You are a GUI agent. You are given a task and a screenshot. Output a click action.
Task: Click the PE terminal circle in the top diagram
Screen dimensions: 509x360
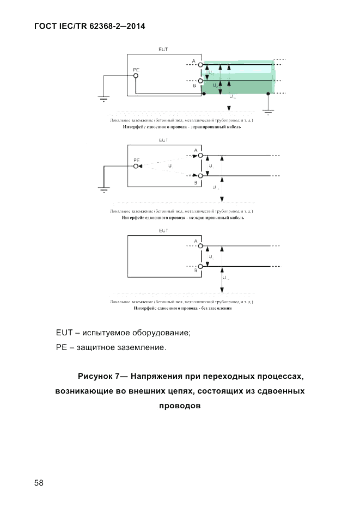point(136,76)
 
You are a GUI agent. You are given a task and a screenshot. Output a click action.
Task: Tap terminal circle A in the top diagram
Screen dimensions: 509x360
point(200,65)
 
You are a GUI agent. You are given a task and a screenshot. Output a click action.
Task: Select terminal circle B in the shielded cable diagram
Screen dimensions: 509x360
point(200,81)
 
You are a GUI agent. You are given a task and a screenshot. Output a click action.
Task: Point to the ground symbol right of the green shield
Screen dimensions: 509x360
point(268,112)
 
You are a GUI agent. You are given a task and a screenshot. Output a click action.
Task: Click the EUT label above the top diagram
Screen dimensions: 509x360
point(163,50)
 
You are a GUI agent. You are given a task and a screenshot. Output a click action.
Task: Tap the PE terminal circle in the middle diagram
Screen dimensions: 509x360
point(136,166)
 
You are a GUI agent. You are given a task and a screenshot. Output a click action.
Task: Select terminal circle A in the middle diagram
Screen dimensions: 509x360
point(200,156)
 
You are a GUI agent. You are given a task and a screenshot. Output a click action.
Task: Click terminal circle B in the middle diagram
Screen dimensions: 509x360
point(200,176)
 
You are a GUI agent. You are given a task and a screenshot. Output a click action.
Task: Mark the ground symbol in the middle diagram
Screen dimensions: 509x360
point(103,189)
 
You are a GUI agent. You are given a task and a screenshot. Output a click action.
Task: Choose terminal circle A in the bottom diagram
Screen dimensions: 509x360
point(200,246)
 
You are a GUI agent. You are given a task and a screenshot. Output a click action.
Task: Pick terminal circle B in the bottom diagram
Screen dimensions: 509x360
point(200,266)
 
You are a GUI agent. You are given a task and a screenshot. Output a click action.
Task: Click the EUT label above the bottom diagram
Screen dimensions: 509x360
point(163,231)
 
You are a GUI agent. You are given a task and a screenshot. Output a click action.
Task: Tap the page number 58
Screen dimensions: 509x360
point(39,483)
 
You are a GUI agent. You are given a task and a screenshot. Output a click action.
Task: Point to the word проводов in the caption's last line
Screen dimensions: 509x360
point(180,406)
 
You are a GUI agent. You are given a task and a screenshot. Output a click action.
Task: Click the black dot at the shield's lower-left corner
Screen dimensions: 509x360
point(203,94)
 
